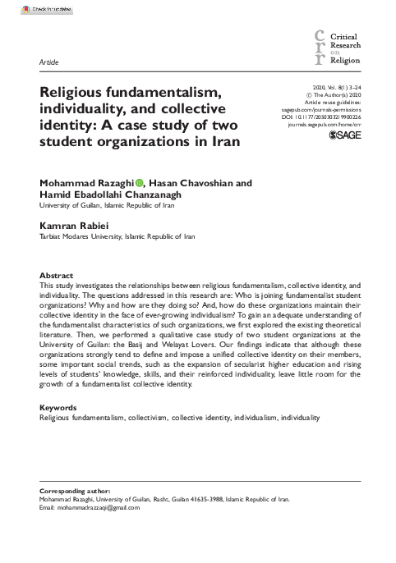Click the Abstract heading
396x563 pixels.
(57, 274)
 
